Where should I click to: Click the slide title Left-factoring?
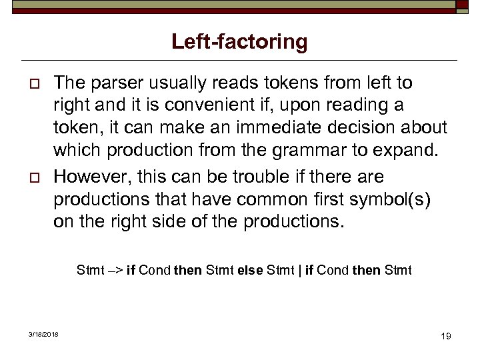coord(239,42)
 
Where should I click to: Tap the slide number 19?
coord(445,336)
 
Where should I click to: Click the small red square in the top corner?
coord(462,7)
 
